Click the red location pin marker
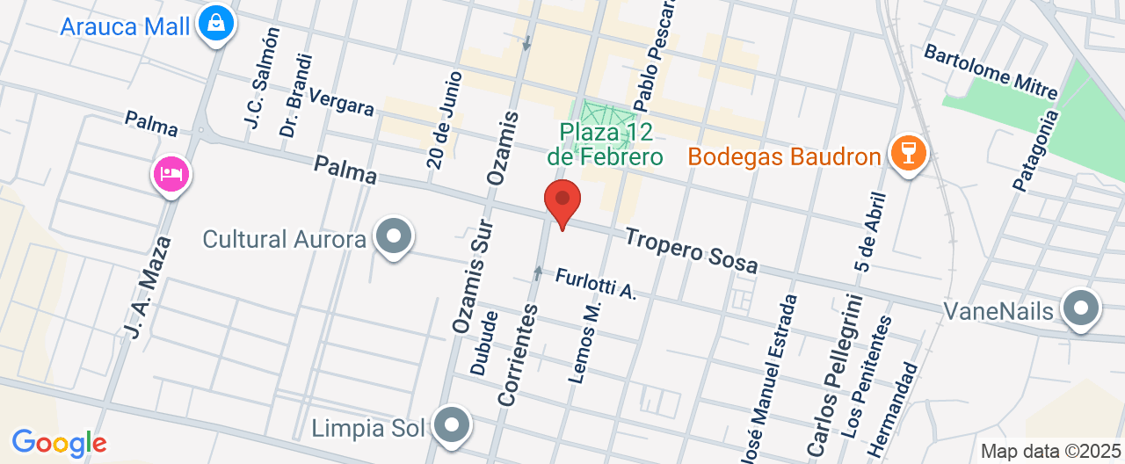[x=562, y=203]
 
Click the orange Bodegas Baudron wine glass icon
[x=908, y=154]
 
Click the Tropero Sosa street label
[x=691, y=250]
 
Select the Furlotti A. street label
[x=595, y=284]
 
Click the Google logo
[x=59, y=443]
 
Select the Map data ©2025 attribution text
[x=1050, y=452]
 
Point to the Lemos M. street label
[x=584, y=343]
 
